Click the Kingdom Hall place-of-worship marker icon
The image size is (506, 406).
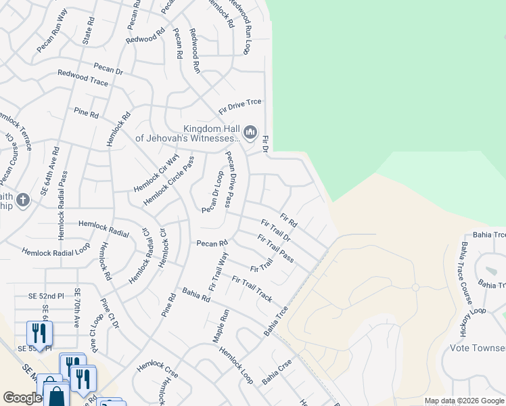(x=250, y=132)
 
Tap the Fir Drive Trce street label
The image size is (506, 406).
(x=239, y=106)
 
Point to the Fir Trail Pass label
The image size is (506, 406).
(x=275, y=248)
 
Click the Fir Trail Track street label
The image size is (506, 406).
(x=252, y=289)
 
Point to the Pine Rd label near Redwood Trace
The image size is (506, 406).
(x=86, y=112)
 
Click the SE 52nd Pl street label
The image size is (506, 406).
(x=45, y=296)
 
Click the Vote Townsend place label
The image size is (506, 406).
(x=478, y=348)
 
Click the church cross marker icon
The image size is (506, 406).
(x=24, y=200)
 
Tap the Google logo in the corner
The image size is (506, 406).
(x=22, y=398)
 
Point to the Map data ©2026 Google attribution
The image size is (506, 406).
(x=463, y=401)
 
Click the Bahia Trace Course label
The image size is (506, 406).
(x=465, y=269)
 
